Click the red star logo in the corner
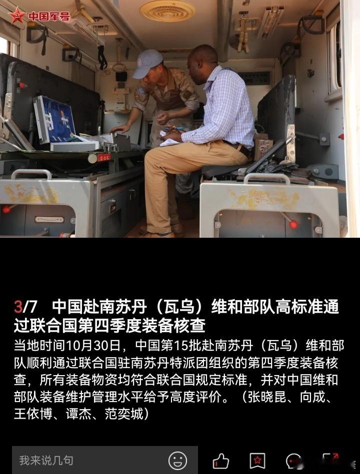click(17, 15)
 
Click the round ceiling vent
click(167, 11)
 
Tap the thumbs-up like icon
click(220, 461)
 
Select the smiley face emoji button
click(177, 461)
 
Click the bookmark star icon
click(257, 461)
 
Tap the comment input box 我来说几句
click(105, 460)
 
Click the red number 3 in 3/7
click(18, 307)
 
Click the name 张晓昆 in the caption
click(267, 397)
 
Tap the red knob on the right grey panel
click(293, 224)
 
